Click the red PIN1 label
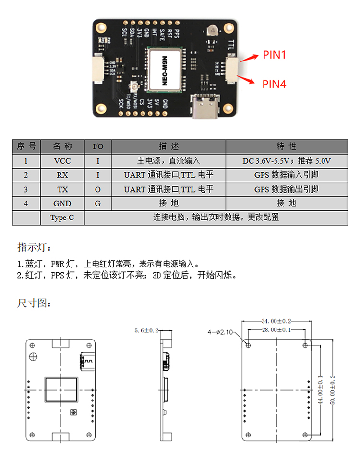tap(274, 55)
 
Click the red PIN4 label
tap(274, 84)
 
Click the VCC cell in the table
tap(62, 161)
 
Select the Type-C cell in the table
tap(62, 218)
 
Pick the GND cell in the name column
tap(62, 203)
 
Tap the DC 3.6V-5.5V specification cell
tap(287, 161)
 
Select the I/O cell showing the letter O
tap(98, 189)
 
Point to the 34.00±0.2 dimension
tap(276, 320)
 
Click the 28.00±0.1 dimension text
tap(276, 330)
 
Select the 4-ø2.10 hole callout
tap(220, 331)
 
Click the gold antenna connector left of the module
tap(134, 87)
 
